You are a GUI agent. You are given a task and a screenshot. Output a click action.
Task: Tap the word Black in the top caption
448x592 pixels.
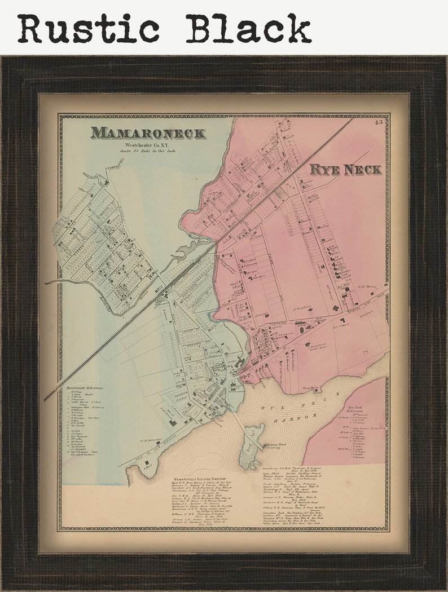(x=249, y=29)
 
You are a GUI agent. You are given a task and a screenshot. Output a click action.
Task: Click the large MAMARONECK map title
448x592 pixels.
(x=148, y=133)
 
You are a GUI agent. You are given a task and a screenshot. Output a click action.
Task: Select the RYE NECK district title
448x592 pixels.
(x=345, y=169)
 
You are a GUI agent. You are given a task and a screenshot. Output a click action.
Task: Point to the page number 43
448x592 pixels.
(x=377, y=122)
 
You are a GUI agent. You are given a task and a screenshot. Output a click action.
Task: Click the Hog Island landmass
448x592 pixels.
(x=251, y=445)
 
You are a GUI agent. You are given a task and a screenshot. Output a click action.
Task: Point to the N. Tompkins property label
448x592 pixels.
(x=302, y=309)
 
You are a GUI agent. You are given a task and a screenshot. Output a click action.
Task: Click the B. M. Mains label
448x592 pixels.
(x=367, y=286)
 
